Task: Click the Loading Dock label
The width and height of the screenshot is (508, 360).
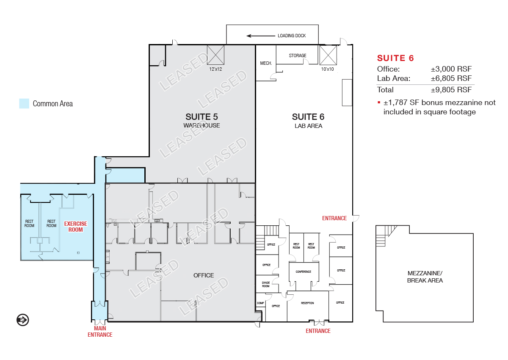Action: [292, 36]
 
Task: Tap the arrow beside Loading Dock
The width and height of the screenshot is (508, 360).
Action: [261, 36]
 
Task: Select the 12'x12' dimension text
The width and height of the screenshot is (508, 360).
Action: [215, 69]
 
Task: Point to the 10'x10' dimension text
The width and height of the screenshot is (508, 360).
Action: [327, 69]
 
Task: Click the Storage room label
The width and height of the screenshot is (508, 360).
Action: [298, 55]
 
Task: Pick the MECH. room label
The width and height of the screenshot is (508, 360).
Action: [266, 63]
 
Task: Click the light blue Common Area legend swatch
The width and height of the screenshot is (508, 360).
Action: [24, 103]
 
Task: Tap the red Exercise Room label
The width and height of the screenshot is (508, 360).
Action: [75, 227]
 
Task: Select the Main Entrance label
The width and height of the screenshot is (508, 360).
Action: [100, 332]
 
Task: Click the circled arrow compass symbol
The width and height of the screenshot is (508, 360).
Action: [23, 320]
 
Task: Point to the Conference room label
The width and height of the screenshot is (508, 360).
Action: [304, 271]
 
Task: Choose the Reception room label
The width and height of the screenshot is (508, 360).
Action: [307, 303]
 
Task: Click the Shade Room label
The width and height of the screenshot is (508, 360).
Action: [266, 285]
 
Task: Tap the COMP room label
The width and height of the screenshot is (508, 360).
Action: [260, 303]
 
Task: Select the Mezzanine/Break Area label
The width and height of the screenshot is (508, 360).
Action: [425, 277]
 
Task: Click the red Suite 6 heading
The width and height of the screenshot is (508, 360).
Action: [395, 58]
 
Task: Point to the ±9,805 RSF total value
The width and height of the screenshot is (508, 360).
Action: [451, 90]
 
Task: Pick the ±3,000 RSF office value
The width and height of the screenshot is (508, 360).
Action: [451, 69]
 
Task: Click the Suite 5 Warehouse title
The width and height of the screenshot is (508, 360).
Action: [202, 121]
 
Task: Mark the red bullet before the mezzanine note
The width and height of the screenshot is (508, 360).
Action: [379, 102]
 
